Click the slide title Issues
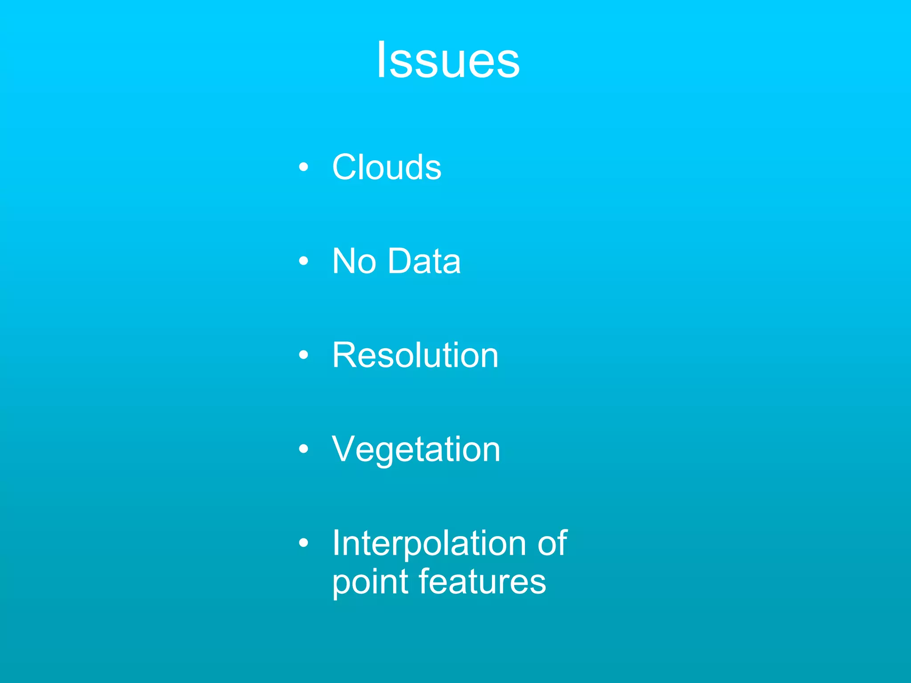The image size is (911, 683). [448, 60]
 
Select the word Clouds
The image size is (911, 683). [387, 167]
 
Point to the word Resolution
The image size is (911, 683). [415, 355]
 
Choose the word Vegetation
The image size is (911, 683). [416, 450]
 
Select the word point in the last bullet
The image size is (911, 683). [371, 582]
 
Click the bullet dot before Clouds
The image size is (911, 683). [303, 167]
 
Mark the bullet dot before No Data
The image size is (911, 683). [303, 261]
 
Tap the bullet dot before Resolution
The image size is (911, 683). [303, 355]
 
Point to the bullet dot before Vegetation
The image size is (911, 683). [303, 449]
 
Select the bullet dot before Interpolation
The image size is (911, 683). [303, 543]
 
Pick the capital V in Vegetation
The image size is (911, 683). [346, 449]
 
